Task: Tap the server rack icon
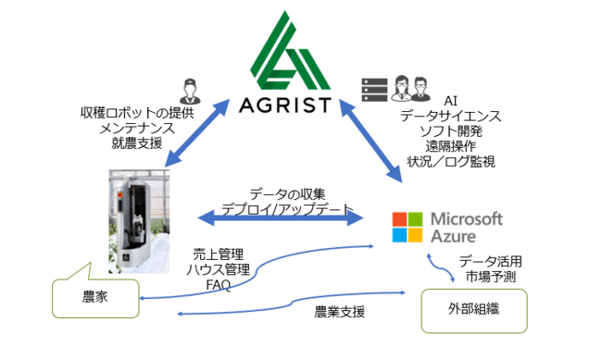[373, 88]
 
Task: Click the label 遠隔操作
[450, 147]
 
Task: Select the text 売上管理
[219, 253]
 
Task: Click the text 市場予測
[484, 277]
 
